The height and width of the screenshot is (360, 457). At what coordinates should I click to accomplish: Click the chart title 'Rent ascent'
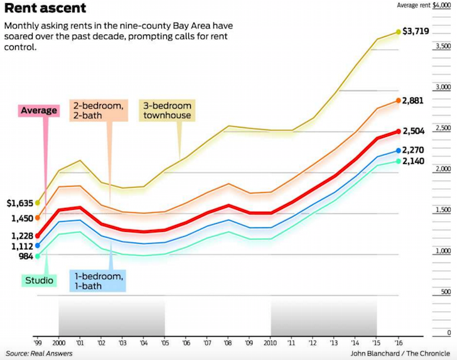pyautogui.click(x=45, y=9)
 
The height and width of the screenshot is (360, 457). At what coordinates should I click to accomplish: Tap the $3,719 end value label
pyautogui.click(x=416, y=30)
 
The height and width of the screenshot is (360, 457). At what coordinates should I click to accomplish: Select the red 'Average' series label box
pyautogui.click(x=39, y=111)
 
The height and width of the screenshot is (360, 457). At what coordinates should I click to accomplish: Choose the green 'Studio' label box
pyautogui.click(x=38, y=280)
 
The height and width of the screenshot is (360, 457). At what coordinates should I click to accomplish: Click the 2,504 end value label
pyautogui.click(x=414, y=131)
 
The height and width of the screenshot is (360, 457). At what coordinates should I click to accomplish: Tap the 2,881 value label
pyautogui.click(x=414, y=101)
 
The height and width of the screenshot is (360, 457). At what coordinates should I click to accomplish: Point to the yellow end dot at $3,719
pyautogui.click(x=398, y=31)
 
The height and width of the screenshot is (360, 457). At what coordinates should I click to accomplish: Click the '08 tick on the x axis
pyautogui.click(x=228, y=343)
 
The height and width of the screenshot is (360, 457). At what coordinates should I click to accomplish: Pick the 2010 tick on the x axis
pyautogui.click(x=271, y=343)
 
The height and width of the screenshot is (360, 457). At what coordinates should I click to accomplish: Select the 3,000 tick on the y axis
pyautogui.click(x=443, y=87)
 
